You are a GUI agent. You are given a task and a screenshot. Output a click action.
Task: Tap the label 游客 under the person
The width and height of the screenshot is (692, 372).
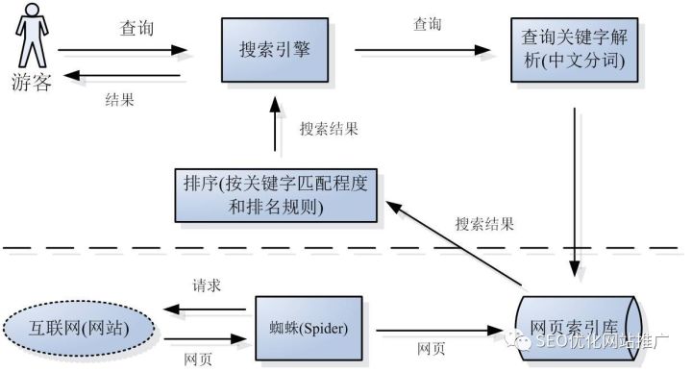click(x=32, y=81)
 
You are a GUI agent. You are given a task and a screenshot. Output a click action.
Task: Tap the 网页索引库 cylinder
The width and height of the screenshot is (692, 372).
click(x=577, y=327)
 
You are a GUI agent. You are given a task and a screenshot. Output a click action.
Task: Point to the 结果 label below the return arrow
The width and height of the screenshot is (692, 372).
click(x=119, y=96)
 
